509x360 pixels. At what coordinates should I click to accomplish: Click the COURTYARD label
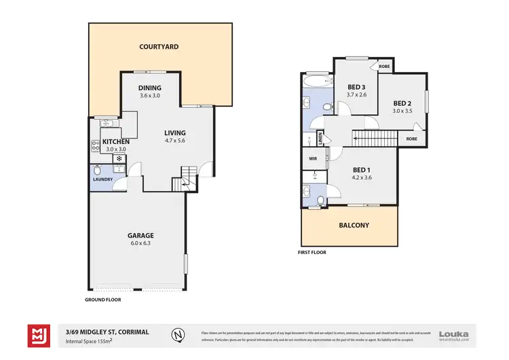[x=159, y=47]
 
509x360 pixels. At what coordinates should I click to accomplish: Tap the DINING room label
[x=150, y=88]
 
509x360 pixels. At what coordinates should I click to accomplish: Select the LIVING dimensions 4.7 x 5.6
[x=174, y=141]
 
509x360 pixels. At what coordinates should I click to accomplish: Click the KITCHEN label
[x=115, y=141]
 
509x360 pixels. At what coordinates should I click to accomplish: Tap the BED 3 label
[x=356, y=87]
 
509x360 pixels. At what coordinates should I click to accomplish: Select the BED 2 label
[x=402, y=103]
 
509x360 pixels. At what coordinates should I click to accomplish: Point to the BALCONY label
[x=354, y=225]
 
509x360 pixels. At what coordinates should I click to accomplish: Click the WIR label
[x=313, y=159]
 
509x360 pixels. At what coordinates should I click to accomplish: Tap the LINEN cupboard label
[x=320, y=139]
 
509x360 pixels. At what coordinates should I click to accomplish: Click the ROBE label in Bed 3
[x=384, y=67]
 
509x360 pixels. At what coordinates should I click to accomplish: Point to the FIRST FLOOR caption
[x=313, y=252]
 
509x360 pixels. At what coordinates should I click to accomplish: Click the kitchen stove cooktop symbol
[x=96, y=145]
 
